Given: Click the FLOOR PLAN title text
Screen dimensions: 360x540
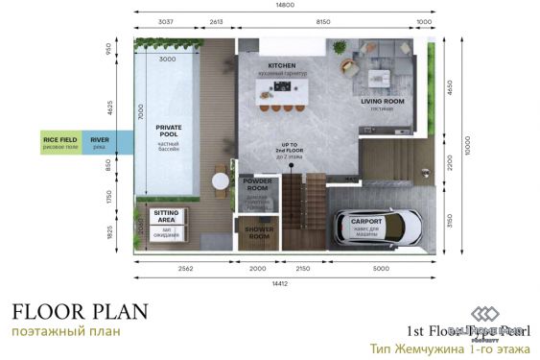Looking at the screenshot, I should (81, 311).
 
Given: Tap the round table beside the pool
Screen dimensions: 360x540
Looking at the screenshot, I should (222, 179).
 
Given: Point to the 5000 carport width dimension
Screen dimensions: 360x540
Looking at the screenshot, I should (382, 268).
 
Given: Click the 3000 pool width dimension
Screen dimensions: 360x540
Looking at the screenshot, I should (169, 59).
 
